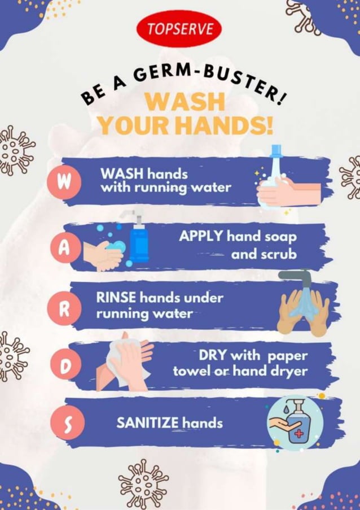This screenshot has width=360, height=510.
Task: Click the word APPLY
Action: click(x=201, y=236)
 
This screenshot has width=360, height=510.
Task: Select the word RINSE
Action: click(x=116, y=297)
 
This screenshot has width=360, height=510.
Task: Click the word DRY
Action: click(x=212, y=356)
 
